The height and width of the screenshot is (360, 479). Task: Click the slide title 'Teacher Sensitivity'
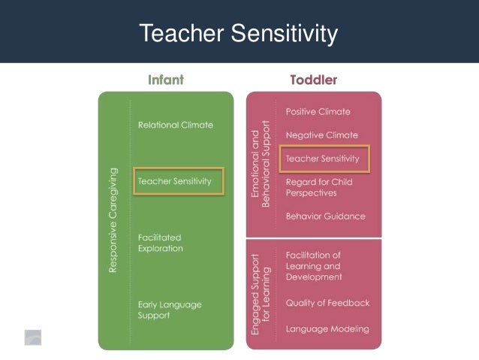point(239,34)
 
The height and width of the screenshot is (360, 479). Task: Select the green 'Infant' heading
point(165,79)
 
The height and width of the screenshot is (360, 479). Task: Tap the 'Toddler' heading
point(313,79)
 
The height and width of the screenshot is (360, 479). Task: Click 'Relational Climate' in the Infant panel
point(175,124)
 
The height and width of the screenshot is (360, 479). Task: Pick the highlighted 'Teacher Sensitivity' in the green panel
point(179,181)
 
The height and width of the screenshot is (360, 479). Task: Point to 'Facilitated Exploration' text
point(161,243)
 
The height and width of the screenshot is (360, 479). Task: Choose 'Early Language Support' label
point(170,310)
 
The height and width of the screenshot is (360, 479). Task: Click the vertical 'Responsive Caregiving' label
point(113,219)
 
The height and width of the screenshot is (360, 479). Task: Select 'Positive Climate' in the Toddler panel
point(318,111)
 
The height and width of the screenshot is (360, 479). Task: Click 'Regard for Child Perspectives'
point(318,187)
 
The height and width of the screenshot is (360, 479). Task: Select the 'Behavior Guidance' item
point(325,216)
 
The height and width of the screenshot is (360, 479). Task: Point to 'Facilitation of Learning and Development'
point(313,265)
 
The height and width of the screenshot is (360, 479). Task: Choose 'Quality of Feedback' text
point(327,303)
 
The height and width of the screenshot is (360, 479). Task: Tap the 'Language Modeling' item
point(327,329)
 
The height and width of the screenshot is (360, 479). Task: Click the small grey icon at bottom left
point(32,337)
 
